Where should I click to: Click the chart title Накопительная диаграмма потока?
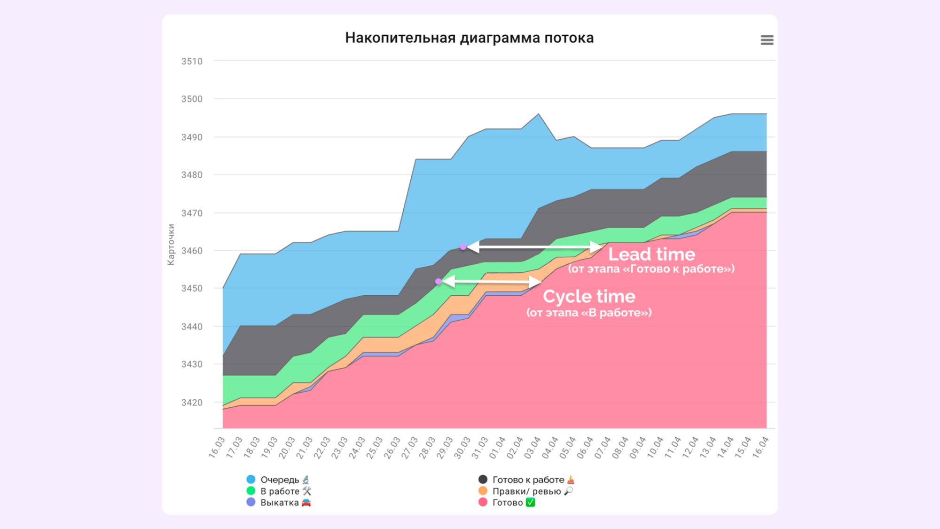coord(469,38)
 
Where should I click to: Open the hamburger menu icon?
coord(767,40)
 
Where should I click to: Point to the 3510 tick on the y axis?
coord(192,61)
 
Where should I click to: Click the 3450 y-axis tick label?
coord(192,288)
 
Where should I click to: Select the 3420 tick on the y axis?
coord(192,403)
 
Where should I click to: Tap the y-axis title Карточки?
coord(171,244)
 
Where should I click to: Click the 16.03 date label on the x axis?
coord(217,447)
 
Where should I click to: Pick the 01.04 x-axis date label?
coord(497,447)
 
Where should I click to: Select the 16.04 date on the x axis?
coord(760,447)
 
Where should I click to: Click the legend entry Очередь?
coord(280,480)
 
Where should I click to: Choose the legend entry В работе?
coord(280,491)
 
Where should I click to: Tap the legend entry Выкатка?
coord(280,503)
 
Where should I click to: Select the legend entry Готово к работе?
coord(528,480)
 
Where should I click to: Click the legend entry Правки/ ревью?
coord(526,491)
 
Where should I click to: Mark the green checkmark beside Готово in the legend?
coord(530,503)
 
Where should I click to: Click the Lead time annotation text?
coord(651,254)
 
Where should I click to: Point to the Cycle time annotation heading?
coord(589,297)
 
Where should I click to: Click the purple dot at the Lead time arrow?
coord(463,247)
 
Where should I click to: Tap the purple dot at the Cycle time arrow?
coord(438,282)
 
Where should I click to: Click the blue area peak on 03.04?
coord(539,114)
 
